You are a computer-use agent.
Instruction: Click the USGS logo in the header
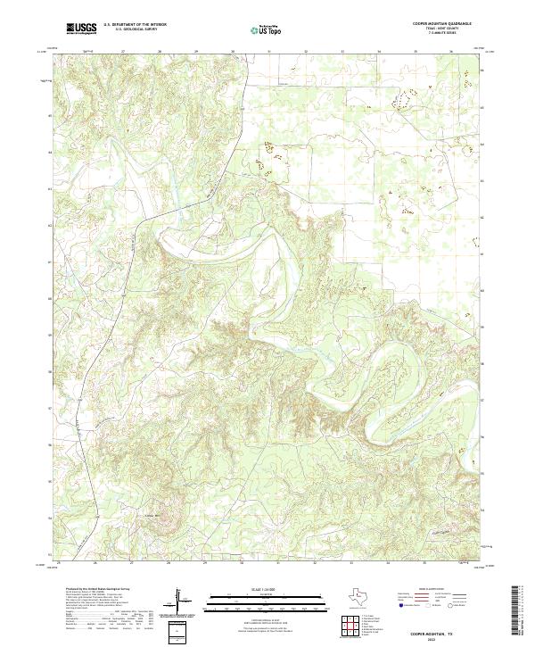(81, 29)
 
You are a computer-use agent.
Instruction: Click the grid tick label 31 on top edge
(268, 52)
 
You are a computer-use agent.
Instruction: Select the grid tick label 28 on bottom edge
(169, 564)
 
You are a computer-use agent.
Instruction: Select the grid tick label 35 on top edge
(416, 52)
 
